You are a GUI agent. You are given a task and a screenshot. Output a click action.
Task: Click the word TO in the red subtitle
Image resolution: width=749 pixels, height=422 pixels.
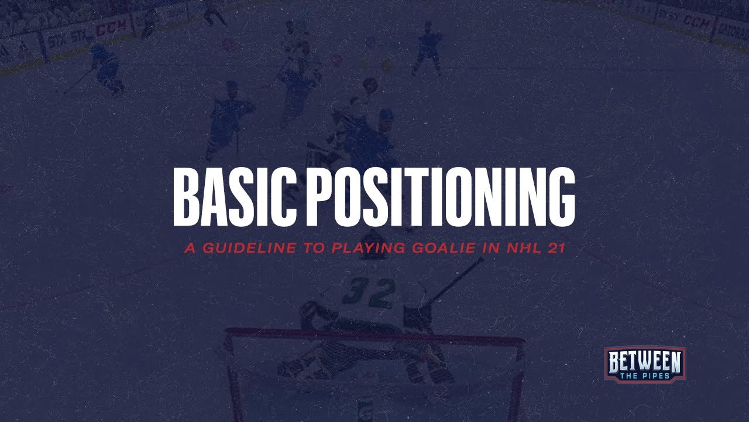coord(310,248)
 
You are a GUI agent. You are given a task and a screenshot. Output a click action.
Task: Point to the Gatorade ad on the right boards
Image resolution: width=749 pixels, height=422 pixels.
coord(731,28)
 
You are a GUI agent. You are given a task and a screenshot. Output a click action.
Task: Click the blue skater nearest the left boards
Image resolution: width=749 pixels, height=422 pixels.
coord(105,67)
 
